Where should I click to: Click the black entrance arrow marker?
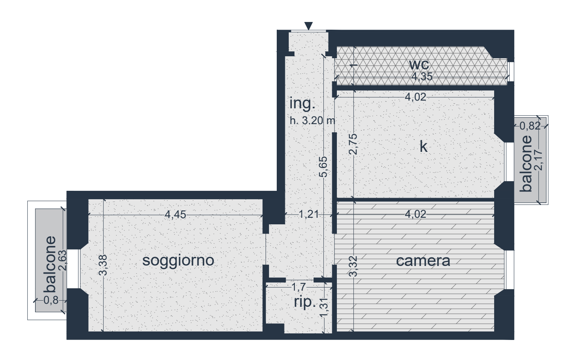point(308,26)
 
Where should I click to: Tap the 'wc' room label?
point(419,65)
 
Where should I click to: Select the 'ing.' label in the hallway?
point(302,104)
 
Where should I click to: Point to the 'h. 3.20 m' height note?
point(312,121)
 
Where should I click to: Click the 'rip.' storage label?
point(305,302)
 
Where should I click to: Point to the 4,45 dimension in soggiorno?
point(175,215)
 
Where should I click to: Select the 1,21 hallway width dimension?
point(309,214)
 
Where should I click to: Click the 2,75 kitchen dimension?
point(353,144)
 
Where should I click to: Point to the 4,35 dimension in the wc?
point(422,77)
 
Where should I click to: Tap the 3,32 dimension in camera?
point(353,267)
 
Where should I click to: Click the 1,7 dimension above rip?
point(298,287)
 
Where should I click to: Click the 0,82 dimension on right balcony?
point(530,126)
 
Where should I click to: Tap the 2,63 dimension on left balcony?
point(62,261)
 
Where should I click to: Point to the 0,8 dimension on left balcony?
point(51,301)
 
